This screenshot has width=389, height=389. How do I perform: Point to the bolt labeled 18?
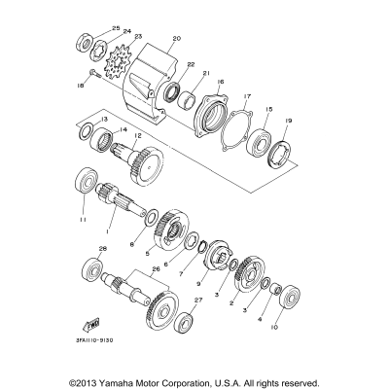[91, 73]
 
